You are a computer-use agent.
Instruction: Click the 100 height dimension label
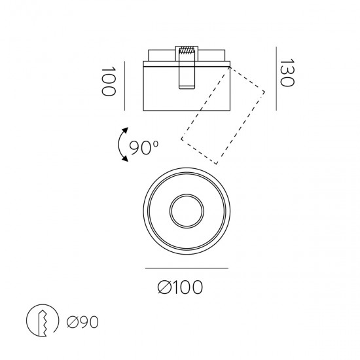point(109,81)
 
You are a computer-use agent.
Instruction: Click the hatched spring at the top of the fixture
point(187,50)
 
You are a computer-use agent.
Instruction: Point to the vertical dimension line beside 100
point(124,81)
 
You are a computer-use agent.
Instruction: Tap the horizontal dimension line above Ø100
point(185,268)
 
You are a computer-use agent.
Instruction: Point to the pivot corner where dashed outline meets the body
point(228,65)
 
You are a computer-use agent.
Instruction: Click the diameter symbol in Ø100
point(166,286)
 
